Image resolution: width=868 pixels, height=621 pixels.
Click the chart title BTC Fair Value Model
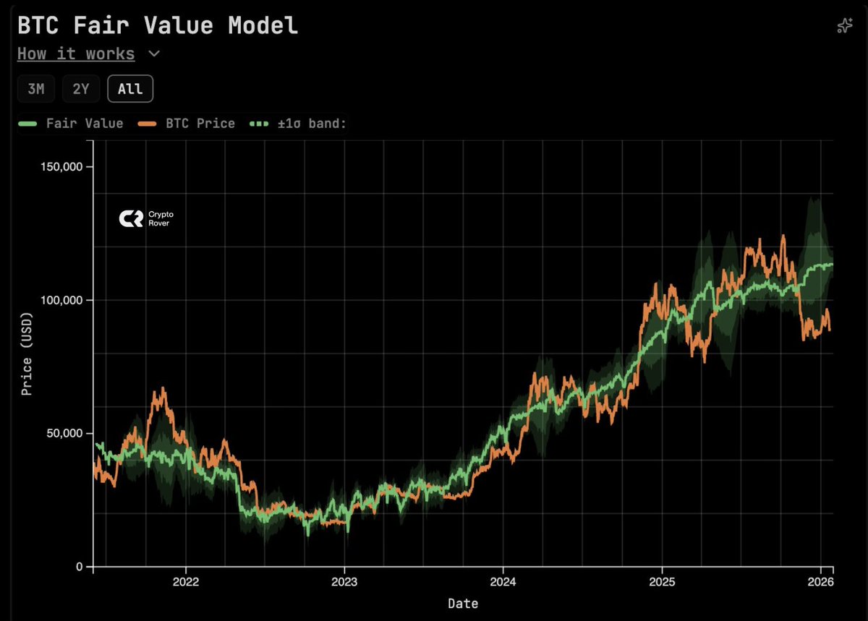pos(158,25)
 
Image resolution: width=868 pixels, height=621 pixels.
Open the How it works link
pos(76,54)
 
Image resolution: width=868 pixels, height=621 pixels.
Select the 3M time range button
pos(35,89)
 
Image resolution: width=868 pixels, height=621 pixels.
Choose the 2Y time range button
pos(80,89)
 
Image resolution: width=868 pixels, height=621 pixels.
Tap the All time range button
pos(130,89)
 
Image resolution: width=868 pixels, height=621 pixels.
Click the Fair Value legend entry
pos(71,124)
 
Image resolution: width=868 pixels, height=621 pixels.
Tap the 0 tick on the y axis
pos(80,566)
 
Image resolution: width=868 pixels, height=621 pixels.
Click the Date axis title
pos(463,603)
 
